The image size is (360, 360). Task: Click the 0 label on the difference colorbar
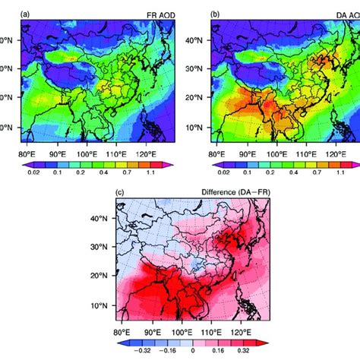click(x=193, y=352)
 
